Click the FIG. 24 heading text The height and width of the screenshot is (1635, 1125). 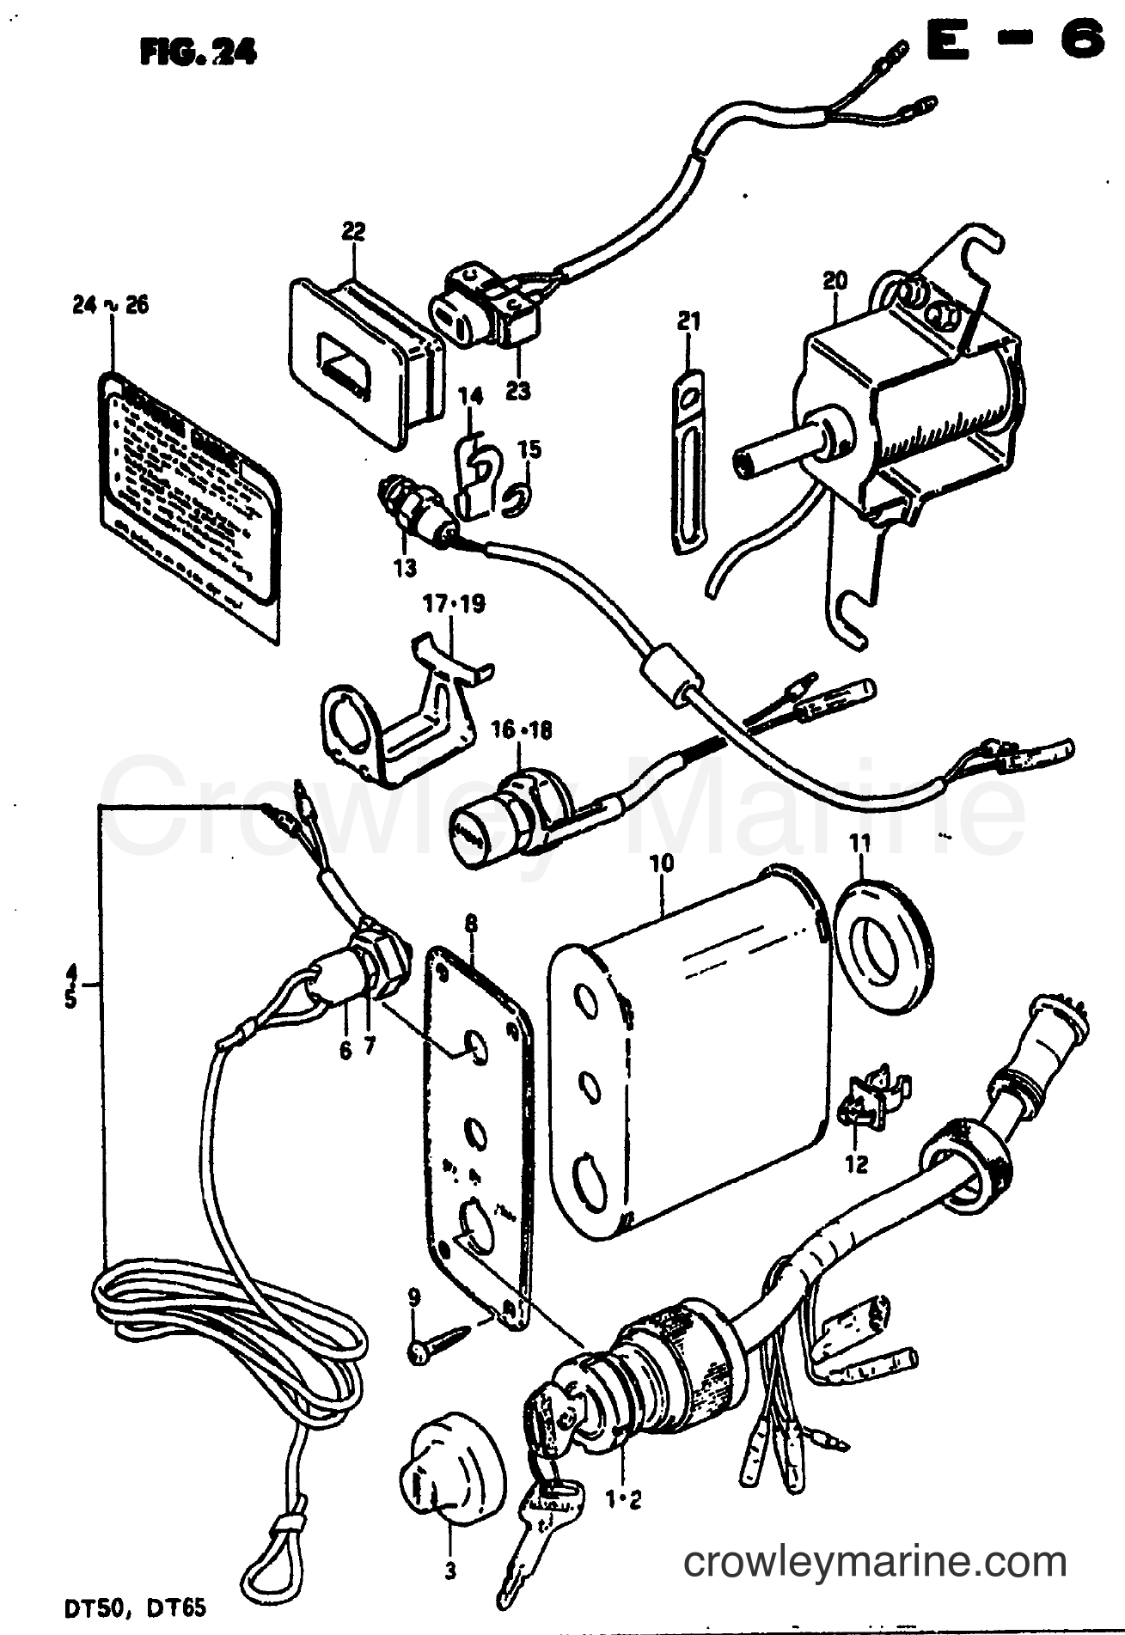(x=199, y=53)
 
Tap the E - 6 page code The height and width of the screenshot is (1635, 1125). (x=1014, y=40)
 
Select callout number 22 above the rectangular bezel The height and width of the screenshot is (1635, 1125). (x=353, y=231)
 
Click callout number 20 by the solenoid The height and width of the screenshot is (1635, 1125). (x=834, y=280)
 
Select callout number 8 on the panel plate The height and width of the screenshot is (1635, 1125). (x=471, y=923)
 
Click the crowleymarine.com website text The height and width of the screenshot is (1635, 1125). (x=874, y=1560)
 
